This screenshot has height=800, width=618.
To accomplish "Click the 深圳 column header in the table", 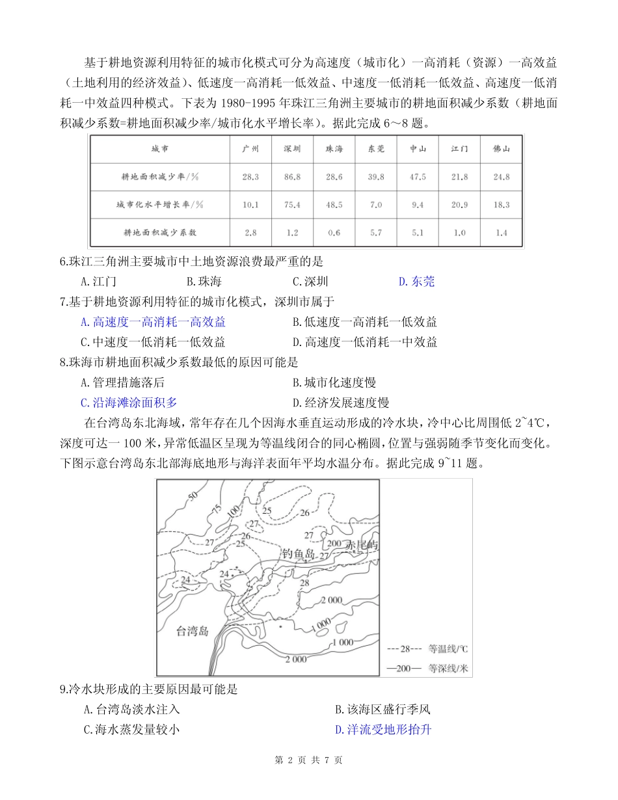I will pos(292,149).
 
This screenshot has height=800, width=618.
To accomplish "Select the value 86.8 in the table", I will pos(292,177).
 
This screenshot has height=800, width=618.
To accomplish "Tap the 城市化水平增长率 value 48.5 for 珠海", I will pos(334,205).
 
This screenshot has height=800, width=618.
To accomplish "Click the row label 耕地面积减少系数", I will pos(160,232).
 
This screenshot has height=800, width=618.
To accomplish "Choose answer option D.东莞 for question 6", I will pos(416,282).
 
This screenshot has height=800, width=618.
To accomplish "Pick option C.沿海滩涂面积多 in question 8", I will pos(129,403).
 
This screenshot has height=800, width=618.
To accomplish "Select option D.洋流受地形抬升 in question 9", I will pos(383,730).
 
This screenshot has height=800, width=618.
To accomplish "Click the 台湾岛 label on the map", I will pos(193,631).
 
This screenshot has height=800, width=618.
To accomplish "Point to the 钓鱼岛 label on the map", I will pos(299,555).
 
